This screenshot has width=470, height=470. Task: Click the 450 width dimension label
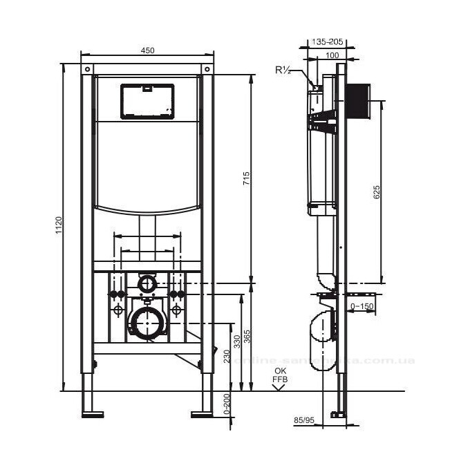tap(147, 49)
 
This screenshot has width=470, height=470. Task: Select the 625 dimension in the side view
tap(377, 192)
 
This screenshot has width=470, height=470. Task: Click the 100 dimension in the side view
tap(332, 55)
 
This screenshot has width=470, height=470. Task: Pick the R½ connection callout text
tap(283, 70)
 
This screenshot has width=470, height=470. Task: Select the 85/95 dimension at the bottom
tap(304, 419)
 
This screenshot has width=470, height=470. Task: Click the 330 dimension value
tap(237, 340)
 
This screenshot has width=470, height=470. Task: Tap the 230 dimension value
tap(227, 356)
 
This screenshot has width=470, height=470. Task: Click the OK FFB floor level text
tap(280, 375)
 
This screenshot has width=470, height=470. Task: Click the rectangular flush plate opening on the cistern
tap(147, 102)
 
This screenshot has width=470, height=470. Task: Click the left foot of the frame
tap(92, 415)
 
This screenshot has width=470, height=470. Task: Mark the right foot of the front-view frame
tap(203, 415)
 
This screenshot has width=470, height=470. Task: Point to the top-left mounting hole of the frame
tap(88, 70)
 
